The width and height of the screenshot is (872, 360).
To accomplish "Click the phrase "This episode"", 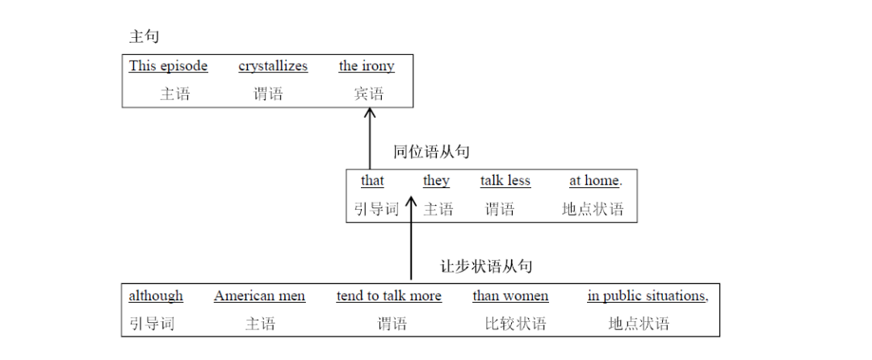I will [x=168, y=66].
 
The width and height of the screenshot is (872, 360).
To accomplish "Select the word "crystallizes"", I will [x=273, y=66].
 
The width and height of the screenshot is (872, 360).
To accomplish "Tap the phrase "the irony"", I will [x=367, y=66].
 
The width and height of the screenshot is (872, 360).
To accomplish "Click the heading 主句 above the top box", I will [x=145, y=36].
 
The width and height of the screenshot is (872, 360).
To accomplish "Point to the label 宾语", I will [x=368, y=94].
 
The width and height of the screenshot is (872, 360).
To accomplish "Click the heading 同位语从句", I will [x=431, y=152].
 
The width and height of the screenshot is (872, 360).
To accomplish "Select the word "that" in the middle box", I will [x=372, y=181].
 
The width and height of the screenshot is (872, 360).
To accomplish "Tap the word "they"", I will [x=436, y=181].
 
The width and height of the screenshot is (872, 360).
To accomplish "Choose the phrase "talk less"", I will [x=505, y=181].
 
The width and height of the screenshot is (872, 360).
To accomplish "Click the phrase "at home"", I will [x=595, y=181].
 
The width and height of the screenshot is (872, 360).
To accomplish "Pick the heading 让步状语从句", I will [x=486, y=266].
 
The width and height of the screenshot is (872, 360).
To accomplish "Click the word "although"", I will [x=156, y=296].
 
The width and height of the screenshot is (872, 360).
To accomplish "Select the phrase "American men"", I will [x=259, y=296].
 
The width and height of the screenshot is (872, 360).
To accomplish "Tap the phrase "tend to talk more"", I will [x=389, y=296].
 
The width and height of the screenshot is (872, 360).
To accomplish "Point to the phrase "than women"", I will [x=510, y=296].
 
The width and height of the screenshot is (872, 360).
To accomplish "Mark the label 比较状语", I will [x=515, y=324].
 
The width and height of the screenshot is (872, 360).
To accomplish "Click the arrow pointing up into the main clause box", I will [x=370, y=137].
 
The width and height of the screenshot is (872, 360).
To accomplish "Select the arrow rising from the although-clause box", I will [x=411, y=242].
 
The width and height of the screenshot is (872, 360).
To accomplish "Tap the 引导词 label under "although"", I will [x=152, y=324].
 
